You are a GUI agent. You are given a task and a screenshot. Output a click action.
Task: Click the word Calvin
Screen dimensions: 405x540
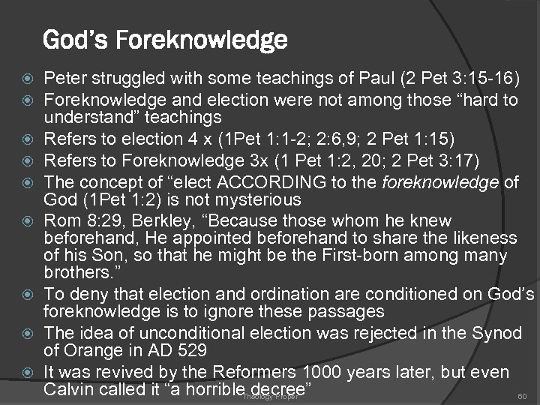click(x=67, y=389)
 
